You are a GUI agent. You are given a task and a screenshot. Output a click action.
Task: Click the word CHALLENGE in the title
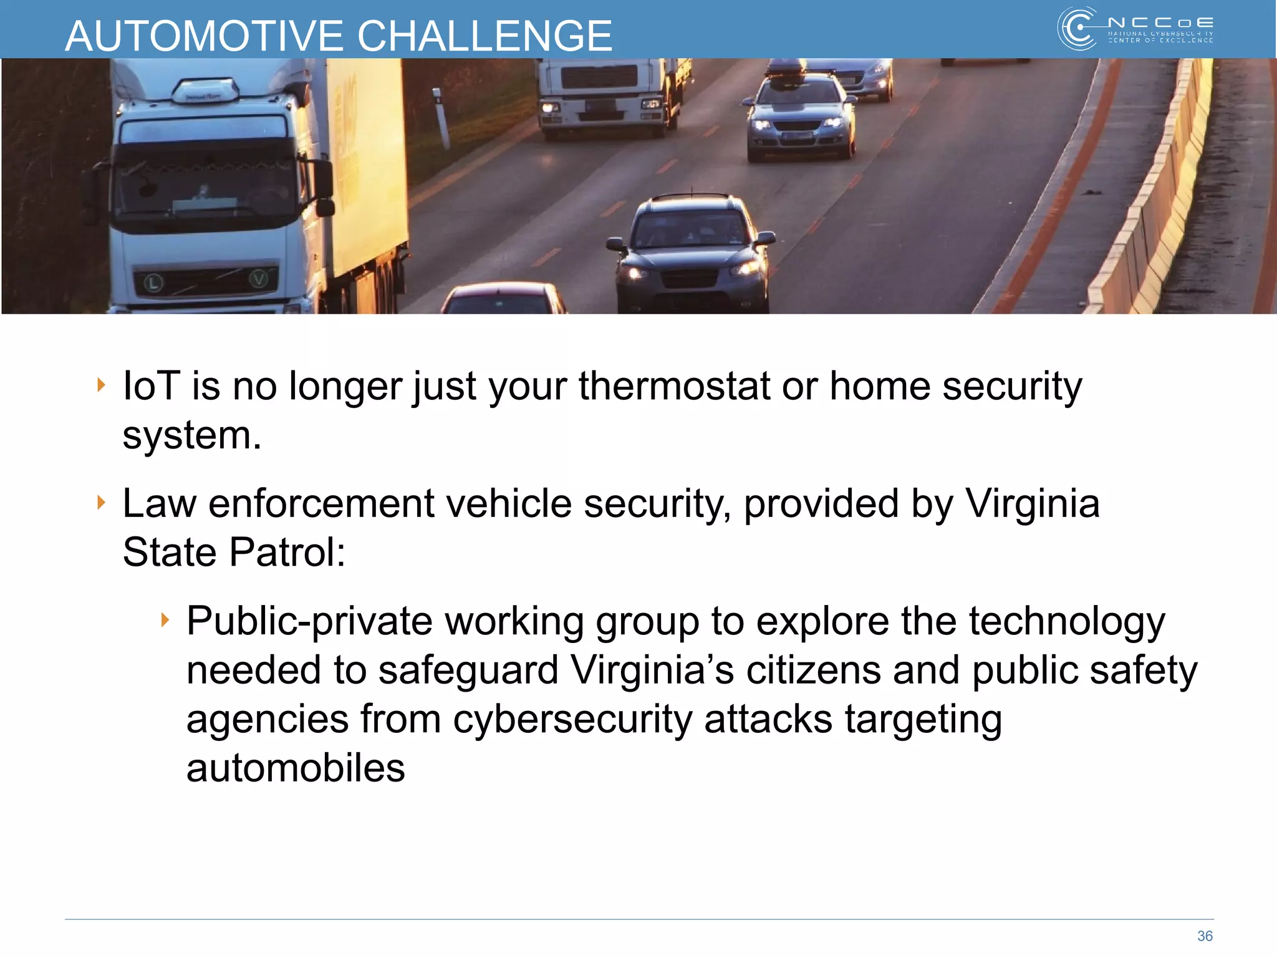pyautogui.click(x=484, y=36)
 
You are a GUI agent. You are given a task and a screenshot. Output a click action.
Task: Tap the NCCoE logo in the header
pyautogui.click(x=1135, y=29)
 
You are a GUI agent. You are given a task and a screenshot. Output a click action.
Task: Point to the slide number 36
pyautogui.click(x=1205, y=936)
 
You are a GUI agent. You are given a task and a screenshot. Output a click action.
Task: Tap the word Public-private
pyautogui.click(x=309, y=621)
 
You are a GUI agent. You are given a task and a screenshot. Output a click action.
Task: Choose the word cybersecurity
pyautogui.click(x=572, y=718)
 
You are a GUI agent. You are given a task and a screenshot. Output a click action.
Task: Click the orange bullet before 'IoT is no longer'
pyautogui.click(x=101, y=385)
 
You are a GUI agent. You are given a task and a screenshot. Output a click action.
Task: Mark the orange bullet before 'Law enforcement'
pyautogui.click(x=101, y=502)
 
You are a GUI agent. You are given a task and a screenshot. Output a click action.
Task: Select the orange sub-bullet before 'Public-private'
pyautogui.click(x=165, y=620)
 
